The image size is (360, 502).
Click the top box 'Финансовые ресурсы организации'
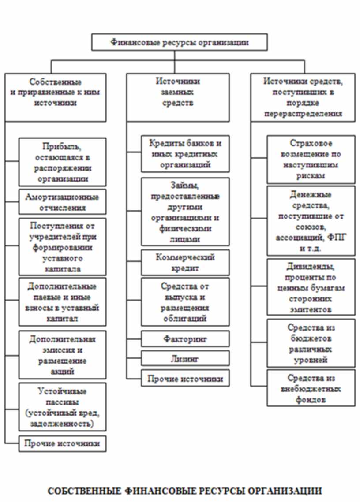click(x=179, y=43)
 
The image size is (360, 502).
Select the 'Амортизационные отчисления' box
click(x=62, y=202)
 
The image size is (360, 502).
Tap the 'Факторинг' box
click(x=185, y=339)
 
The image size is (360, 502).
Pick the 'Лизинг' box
click(x=185, y=358)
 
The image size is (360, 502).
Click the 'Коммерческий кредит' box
click(x=185, y=262)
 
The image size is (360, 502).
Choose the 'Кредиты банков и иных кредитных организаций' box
click(x=185, y=154)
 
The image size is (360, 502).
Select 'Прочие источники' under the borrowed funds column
click(x=185, y=378)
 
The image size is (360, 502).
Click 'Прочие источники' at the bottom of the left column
click(x=62, y=443)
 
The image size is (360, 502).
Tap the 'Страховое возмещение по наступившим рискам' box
click(x=311, y=159)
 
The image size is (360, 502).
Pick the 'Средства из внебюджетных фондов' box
click(x=311, y=389)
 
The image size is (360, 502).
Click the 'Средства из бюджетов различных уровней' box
click(x=311, y=343)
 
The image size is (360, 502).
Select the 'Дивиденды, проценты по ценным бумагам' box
click(x=311, y=287)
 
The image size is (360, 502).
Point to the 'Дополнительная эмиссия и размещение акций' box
click(x=62, y=355)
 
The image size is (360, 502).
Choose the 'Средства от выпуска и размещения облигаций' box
click(x=185, y=302)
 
